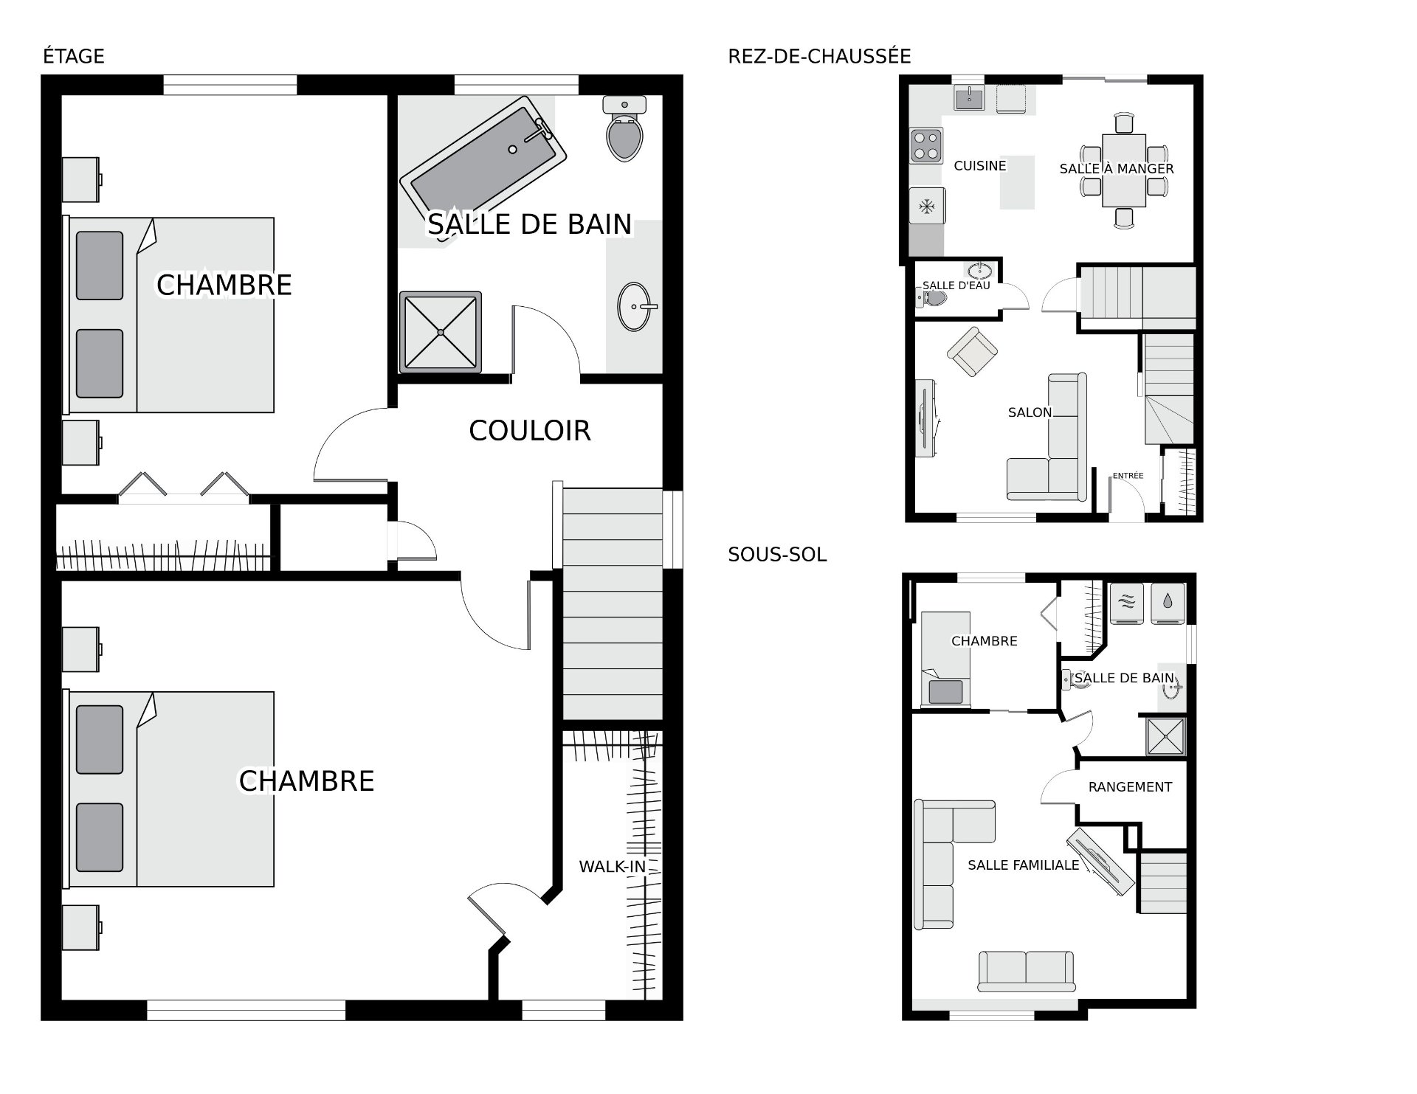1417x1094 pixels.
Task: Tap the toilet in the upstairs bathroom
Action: pyautogui.click(x=624, y=129)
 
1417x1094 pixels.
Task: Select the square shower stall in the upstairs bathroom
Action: pyautogui.click(x=441, y=332)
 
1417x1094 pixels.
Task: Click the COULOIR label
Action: pyautogui.click(x=530, y=431)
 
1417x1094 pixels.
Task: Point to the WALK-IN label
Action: pyautogui.click(x=612, y=867)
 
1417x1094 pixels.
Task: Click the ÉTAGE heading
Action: pyautogui.click(x=74, y=56)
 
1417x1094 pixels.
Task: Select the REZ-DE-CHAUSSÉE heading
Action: pyautogui.click(x=819, y=56)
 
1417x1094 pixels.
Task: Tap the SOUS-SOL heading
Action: pyautogui.click(x=777, y=555)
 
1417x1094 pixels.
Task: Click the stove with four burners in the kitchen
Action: pyautogui.click(x=927, y=145)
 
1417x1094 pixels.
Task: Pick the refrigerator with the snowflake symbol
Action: pyautogui.click(x=927, y=207)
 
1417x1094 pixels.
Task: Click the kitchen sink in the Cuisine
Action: pyautogui.click(x=968, y=97)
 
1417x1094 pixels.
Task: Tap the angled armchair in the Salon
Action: pyautogui.click(x=973, y=352)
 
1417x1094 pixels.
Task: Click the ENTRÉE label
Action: pyautogui.click(x=1128, y=476)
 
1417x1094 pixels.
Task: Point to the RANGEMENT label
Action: pyautogui.click(x=1130, y=787)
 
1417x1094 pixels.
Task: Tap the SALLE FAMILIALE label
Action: pyautogui.click(x=1024, y=865)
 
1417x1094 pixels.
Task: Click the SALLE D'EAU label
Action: pyautogui.click(x=956, y=285)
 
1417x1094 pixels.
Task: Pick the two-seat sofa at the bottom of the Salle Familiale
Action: pyautogui.click(x=1026, y=971)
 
